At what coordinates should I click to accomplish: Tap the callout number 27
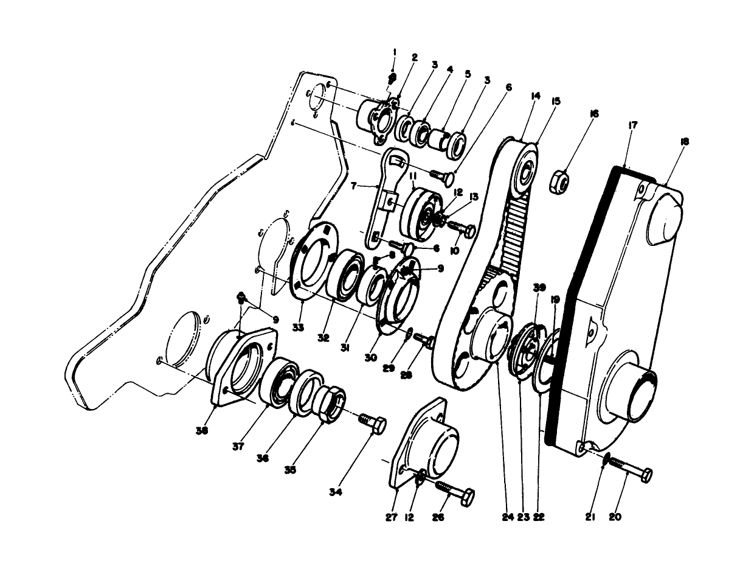[x=391, y=517]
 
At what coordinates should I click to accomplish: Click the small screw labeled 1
[x=393, y=78]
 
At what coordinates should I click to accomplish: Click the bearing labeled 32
[x=345, y=274]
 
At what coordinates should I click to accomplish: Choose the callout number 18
[x=685, y=142]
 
